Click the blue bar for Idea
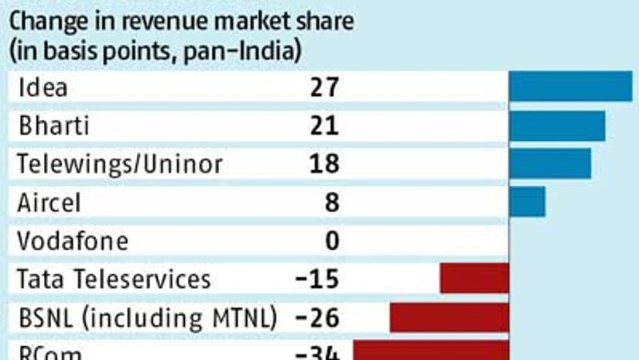click(x=570, y=87)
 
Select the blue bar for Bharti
click(x=557, y=125)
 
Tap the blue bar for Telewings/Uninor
click(x=550, y=163)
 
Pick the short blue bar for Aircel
click(x=527, y=201)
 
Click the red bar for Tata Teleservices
click(x=474, y=278)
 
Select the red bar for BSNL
click(x=449, y=317)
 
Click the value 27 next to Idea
click(x=323, y=87)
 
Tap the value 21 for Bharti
click(x=323, y=125)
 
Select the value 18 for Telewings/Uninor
click(x=323, y=163)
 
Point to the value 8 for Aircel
click(x=332, y=202)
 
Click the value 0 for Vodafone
click(x=332, y=241)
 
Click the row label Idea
click(x=42, y=87)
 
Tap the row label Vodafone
click(x=72, y=241)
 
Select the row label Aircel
click(x=48, y=202)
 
